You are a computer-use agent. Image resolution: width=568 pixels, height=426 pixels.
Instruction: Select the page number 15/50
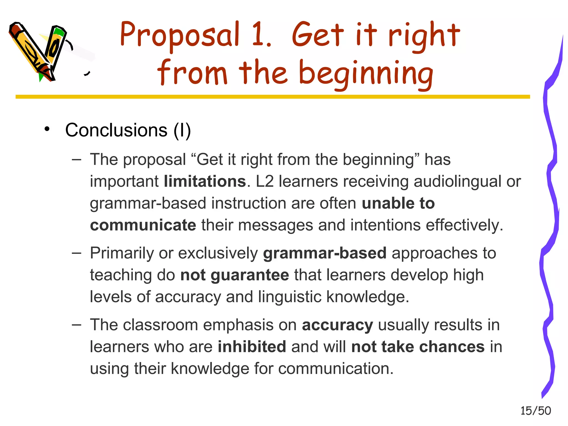click(x=536, y=411)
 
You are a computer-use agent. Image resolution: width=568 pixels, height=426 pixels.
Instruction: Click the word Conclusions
click(x=116, y=130)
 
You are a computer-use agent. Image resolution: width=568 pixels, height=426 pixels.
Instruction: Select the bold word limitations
click(x=205, y=181)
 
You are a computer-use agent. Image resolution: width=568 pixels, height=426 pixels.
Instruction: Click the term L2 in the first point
click(x=265, y=181)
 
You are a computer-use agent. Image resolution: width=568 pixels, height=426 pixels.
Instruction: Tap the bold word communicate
click(x=143, y=225)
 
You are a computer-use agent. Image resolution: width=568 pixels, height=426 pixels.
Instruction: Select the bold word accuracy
click(x=337, y=325)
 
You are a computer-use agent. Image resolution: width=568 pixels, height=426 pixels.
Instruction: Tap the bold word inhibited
click(x=252, y=347)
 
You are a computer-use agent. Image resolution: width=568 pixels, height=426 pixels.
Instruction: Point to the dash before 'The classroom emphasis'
click(x=76, y=325)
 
